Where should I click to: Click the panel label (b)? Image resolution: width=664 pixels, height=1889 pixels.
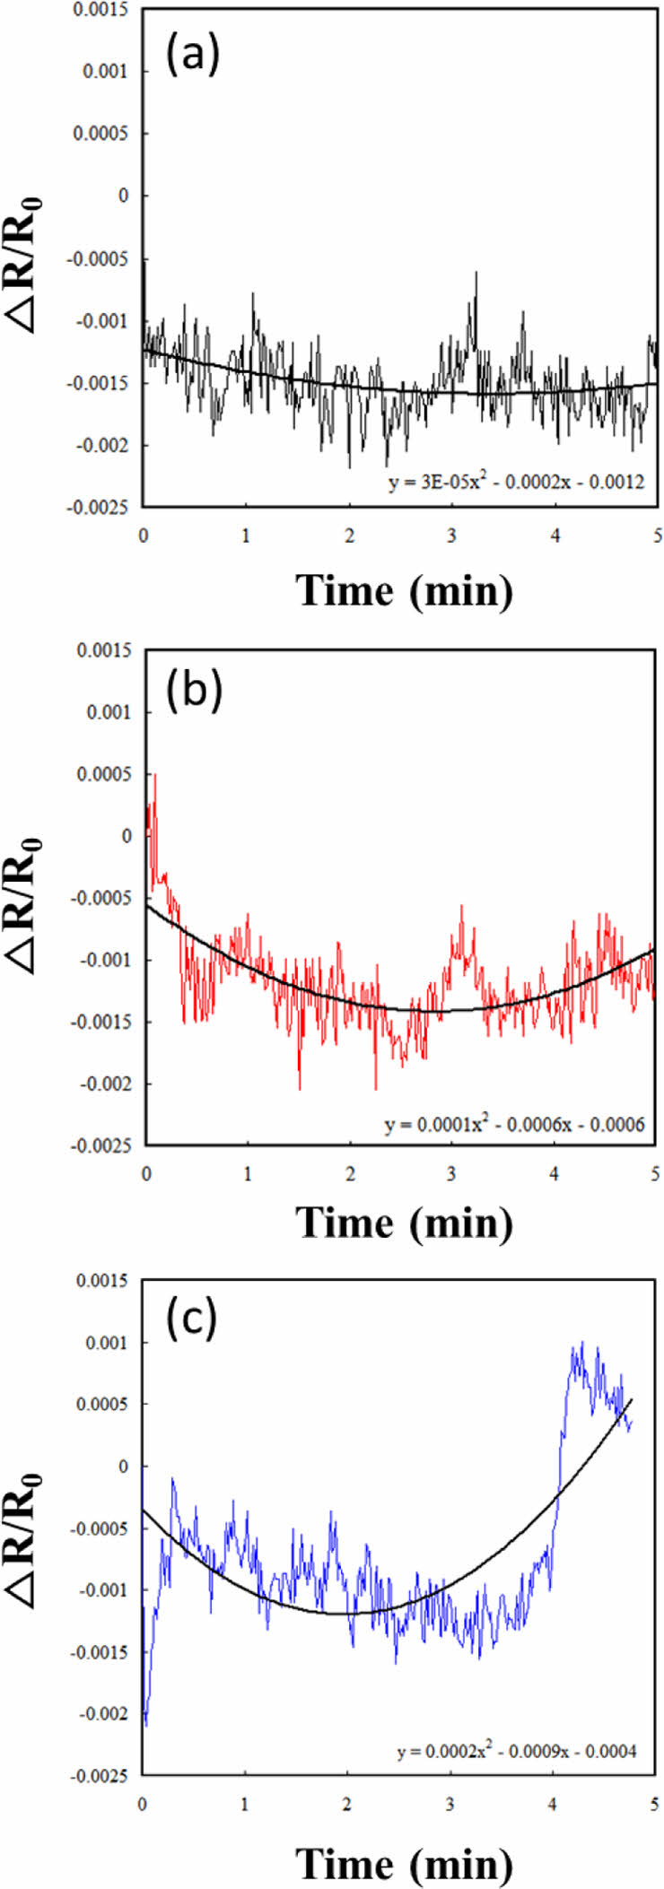(x=194, y=692)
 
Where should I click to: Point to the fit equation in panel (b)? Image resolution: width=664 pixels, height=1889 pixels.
(x=515, y=1123)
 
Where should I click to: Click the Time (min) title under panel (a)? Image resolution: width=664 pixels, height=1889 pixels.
(x=405, y=591)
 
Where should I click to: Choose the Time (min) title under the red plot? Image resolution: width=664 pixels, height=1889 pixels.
(x=405, y=1222)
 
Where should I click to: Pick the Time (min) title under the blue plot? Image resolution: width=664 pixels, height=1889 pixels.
(x=405, y=1862)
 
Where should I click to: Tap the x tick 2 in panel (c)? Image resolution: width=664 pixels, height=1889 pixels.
(x=348, y=1804)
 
